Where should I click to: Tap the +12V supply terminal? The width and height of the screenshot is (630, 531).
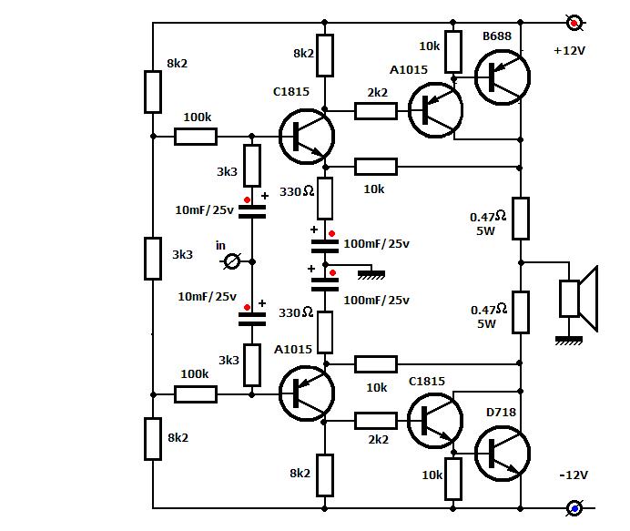click(574, 23)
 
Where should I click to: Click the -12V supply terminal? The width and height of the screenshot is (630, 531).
click(574, 508)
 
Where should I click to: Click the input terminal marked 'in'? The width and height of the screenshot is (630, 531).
click(232, 261)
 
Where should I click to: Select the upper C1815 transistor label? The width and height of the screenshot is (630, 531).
click(291, 91)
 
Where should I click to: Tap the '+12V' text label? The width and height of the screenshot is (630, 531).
click(570, 51)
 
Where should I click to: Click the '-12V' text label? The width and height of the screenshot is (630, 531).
click(572, 475)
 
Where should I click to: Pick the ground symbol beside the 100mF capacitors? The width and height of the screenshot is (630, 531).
click(369, 272)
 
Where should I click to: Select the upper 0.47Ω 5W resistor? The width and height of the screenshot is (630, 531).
click(520, 219)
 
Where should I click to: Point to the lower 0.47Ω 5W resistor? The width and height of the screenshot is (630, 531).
click(520, 311)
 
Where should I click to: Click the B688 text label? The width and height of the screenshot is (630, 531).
click(497, 36)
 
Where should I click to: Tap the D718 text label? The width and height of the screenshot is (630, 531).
click(501, 413)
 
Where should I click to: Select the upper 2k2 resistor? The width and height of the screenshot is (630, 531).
click(375, 111)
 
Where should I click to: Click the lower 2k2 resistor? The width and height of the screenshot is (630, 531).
click(375, 420)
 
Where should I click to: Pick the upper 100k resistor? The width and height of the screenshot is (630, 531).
click(196, 137)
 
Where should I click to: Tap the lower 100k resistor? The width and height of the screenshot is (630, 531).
click(196, 393)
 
